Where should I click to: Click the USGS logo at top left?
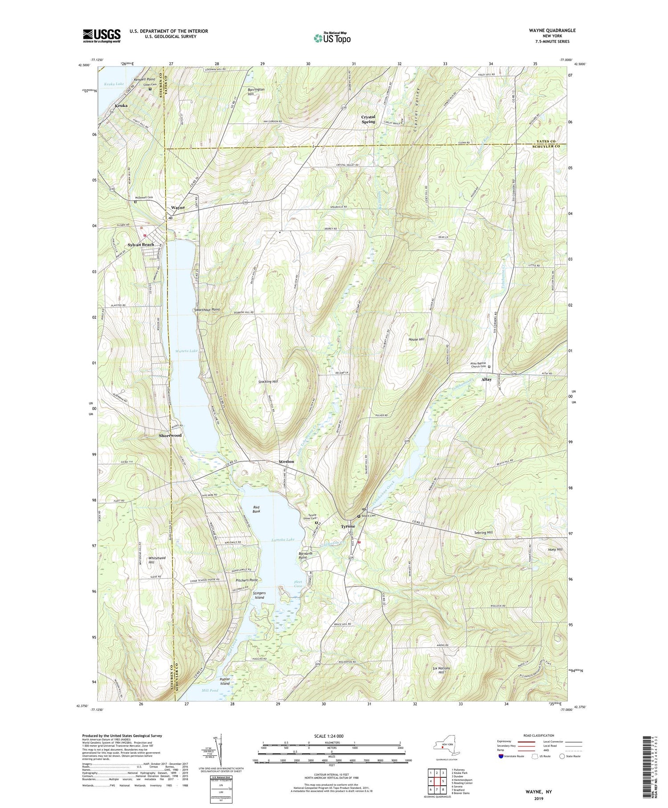pos(102,36)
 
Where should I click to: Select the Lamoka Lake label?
pos(283,540)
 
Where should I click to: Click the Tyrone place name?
pos(348,526)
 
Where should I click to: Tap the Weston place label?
pos(286,461)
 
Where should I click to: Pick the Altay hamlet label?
pos(486,379)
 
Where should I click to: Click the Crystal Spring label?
pos(368,119)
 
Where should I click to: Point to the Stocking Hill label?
pos(268,382)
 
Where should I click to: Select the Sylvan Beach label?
pos(141,245)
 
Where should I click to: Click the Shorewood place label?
pos(171,435)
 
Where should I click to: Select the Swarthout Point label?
pos(207,309)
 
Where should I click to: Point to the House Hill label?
pos(416,339)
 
